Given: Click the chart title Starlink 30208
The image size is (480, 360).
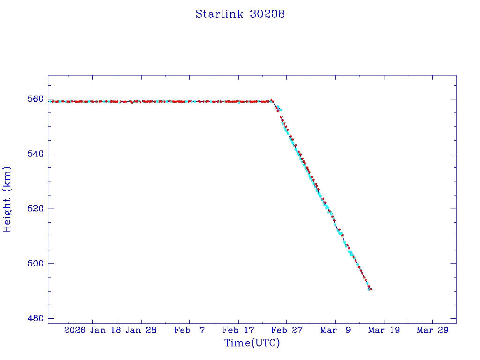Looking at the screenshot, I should pos(240,14).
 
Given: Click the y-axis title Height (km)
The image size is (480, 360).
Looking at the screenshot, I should pos(7,199).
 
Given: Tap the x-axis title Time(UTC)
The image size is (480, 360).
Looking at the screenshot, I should pos(252,343).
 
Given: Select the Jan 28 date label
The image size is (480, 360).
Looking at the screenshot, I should pos(141,330).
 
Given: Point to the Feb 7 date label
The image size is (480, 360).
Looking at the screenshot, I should pos(189,330).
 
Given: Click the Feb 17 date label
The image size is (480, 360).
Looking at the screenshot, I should pos(238,330).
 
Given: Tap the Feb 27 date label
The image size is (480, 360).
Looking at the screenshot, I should pos(287,330).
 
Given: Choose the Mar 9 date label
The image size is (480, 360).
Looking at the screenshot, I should pos(335,330).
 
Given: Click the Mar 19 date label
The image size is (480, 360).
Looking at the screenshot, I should pos(384,330).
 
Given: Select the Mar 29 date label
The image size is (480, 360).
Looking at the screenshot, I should pos(432,330).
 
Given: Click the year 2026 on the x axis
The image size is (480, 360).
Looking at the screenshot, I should pos(75,330).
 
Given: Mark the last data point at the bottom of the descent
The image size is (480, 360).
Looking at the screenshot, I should pos(370,289).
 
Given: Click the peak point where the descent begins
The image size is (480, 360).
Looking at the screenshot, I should pos(271,100).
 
